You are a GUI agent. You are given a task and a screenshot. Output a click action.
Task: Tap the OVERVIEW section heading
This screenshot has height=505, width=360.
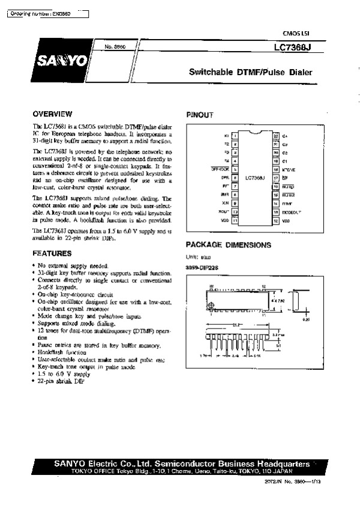point(53,113)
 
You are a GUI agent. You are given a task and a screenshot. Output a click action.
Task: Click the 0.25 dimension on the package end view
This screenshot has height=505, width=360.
point(307,320)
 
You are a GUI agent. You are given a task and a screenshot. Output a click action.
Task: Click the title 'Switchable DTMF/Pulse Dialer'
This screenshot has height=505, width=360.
point(251,73)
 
